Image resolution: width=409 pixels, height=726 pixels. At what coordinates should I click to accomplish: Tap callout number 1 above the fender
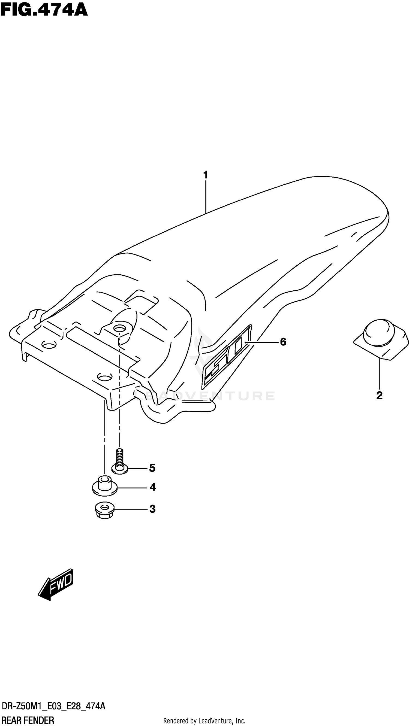coord(206,175)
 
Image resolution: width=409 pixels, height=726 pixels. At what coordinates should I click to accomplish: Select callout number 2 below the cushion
coord(379,395)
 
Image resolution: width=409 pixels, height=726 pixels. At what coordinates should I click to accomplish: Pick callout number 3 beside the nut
coord(152,509)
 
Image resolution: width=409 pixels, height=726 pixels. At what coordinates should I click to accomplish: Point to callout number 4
coord(153,487)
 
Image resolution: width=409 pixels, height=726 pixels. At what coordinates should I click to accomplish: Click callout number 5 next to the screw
coord(152,468)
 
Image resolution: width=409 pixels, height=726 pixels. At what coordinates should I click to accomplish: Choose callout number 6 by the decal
coord(283,342)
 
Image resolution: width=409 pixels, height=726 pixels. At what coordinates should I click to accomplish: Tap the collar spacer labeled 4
coord(105,486)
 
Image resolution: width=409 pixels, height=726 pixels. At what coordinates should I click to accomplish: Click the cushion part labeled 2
coord(381,340)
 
